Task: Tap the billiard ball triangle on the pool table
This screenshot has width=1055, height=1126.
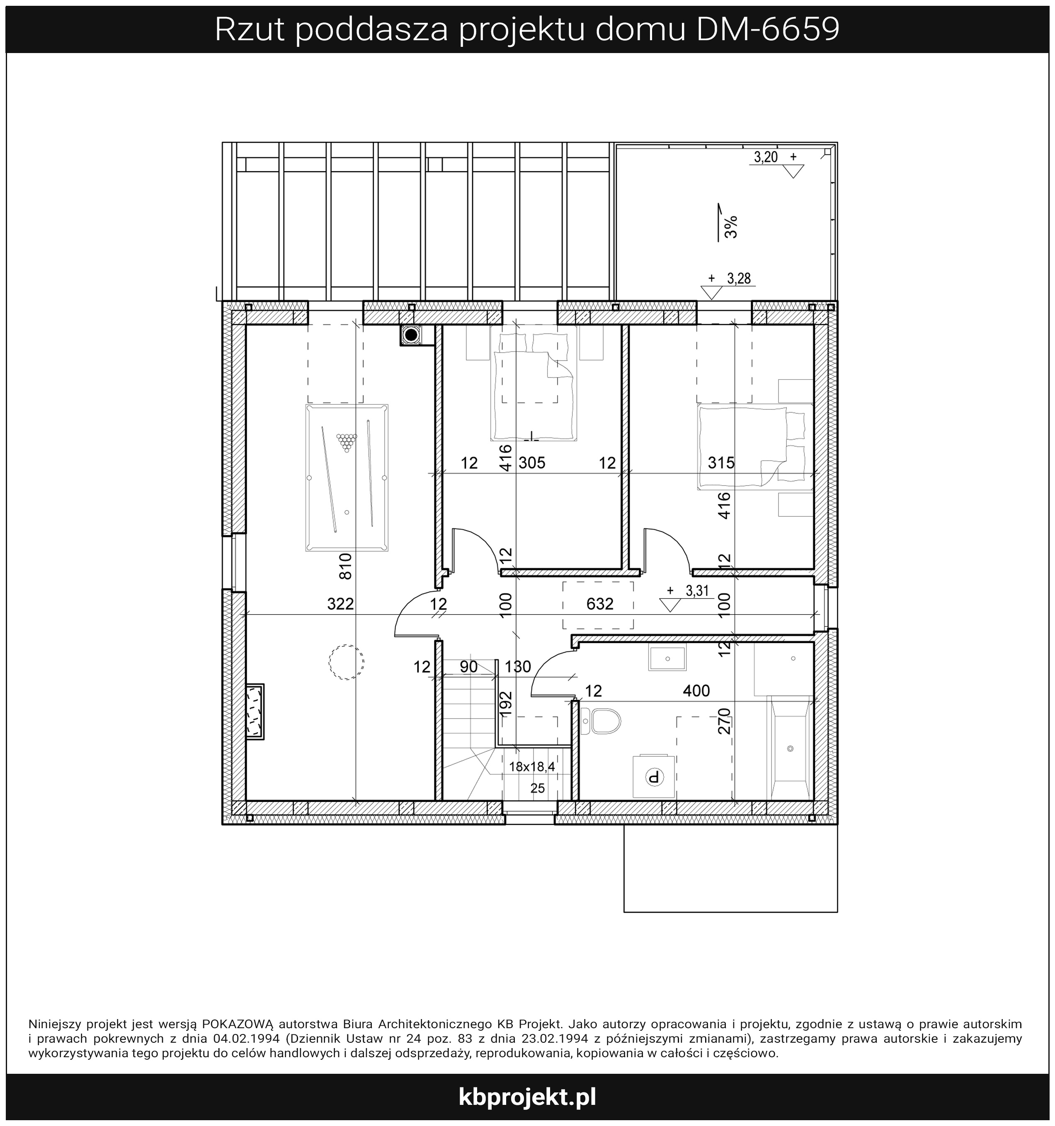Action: point(347,442)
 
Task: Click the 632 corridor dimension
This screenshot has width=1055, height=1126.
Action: point(600,604)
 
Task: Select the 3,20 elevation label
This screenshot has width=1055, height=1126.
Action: point(766,157)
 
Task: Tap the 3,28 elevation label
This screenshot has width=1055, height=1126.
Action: point(739,278)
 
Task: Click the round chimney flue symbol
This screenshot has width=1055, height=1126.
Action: point(411,335)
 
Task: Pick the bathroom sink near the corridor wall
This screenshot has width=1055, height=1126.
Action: point(667,659)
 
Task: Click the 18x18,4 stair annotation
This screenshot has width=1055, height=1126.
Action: point(532,767)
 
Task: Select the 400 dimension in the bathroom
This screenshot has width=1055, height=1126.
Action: point(696,690)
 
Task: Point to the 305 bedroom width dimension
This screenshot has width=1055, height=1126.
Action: point(532,463)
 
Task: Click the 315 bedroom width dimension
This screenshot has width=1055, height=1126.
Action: point(721,463)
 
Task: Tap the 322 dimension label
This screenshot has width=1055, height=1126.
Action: point(340,604)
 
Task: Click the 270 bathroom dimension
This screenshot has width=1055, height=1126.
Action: point(724,722)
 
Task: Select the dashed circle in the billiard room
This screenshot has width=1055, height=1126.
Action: point(346,661)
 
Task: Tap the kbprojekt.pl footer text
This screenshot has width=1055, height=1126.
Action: point(527,1097)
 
